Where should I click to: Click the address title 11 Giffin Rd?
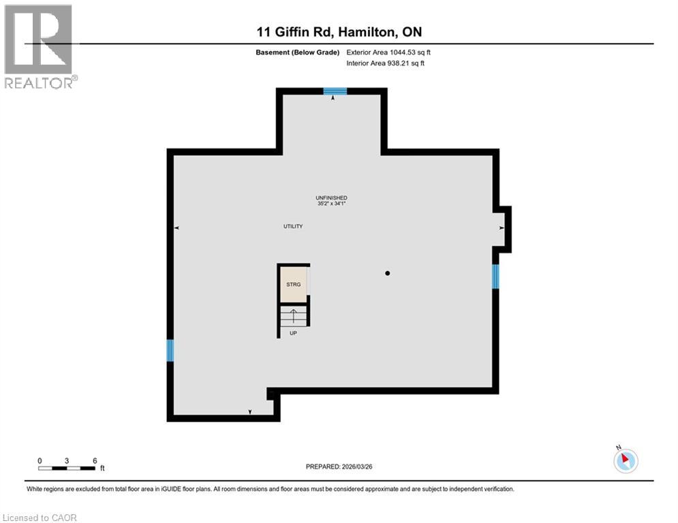coord(339,31)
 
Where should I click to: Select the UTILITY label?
coord(293,226)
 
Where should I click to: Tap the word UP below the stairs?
coord(293,333)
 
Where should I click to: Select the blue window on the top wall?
coord(335,91)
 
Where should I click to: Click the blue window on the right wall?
coord(495,276)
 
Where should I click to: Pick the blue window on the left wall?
coord(170,351)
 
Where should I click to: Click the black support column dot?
coord(387,273)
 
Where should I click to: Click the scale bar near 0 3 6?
coord(67,468)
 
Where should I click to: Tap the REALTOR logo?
coord(39,46)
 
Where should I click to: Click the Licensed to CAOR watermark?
coord(41,518)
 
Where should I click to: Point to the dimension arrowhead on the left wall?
coord(177,228)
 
